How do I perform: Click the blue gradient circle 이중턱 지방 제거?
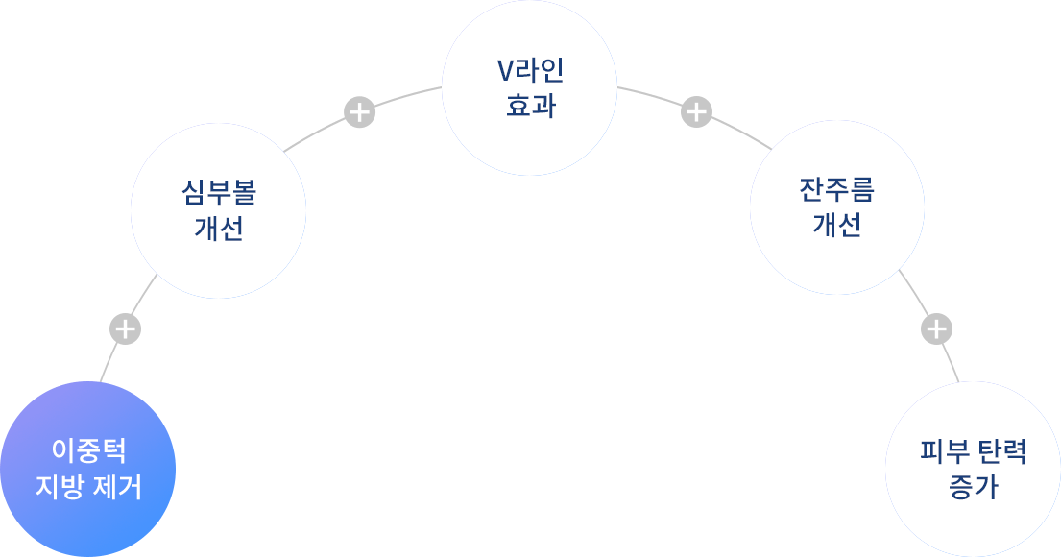[x=87, y=470]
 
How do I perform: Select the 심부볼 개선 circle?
[x=218, y=210]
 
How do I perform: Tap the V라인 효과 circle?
[x=529, y=87]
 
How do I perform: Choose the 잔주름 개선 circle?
[x=836, y=207]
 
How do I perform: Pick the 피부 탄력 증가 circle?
[x=973, y=470]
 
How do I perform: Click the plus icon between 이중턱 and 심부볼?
[x=125, y=329]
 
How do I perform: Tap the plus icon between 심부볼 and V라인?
[x=359, y=112]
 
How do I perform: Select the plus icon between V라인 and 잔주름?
[x=696, y=112]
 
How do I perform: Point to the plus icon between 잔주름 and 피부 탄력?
[x=936, y=329]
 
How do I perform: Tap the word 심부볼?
[x=219, y=193]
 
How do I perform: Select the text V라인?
[x=530, y=70]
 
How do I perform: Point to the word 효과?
[x=530, y=105]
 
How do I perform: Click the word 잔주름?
[x=837, y=190]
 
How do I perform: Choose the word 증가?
[x=973, y=487]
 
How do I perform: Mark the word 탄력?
[x=1002, y=451]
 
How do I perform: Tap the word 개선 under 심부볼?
[x=219, y=229]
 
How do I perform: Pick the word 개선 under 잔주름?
[x=837, y=226]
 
